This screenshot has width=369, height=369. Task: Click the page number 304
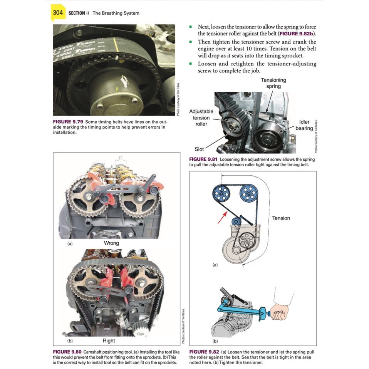click(x=58, y=13)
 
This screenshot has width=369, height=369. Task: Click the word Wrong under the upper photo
click(x=111, y=243)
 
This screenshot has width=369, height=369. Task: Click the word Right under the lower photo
click(x=109, y=340)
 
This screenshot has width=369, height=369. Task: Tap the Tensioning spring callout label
click(x=273, y=83)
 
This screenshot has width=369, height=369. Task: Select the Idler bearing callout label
click(x=304, y=125)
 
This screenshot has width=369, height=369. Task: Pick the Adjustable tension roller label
click(x=201, y=117)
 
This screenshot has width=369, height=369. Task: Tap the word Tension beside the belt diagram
click(x=281, y=218)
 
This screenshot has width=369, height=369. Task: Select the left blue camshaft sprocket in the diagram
click(x=221, y=191)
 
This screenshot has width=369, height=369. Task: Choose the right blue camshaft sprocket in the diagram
click(x=248, y=191)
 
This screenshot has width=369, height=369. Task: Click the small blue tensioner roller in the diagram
click(x=236, y=221)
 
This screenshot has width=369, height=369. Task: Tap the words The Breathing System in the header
click(x=116, y=13)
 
